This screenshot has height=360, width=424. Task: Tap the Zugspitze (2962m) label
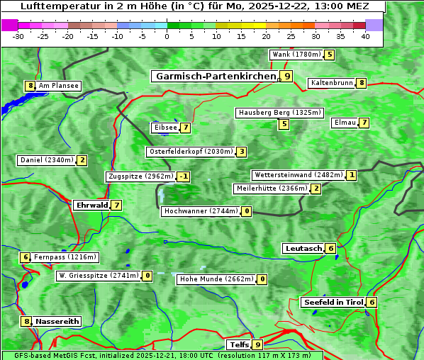[140, 176]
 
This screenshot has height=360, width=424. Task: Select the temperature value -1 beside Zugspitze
[184, 176]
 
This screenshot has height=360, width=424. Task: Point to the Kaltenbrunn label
[331, 83]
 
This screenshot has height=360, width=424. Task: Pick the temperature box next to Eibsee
[185, 128]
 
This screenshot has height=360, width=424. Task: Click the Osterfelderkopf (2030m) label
[190, 152]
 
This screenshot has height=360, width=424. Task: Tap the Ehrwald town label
[91, 206]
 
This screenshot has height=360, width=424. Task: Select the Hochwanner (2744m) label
[201, 211]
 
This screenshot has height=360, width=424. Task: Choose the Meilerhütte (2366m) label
[272, 189]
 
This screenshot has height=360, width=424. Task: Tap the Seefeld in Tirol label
[333, 303]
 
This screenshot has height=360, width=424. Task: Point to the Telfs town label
[238, 345]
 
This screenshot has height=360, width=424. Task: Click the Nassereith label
[57, 321]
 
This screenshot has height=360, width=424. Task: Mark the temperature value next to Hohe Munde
[262, 279]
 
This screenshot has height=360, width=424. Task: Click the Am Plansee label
[57, 86]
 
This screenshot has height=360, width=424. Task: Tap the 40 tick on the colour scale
[365, 36]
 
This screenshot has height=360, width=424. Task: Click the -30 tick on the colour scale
[18, 36]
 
